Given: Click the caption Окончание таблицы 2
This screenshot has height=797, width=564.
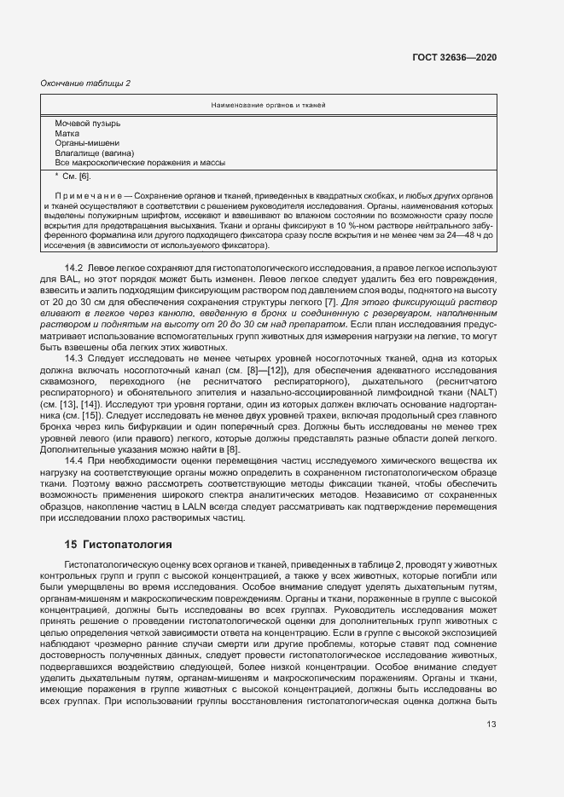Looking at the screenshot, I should [x=86, y=83].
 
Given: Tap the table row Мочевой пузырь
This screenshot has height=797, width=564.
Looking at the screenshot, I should [x=87, y=124].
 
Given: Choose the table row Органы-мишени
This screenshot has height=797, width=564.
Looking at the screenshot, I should [x=87, y=143].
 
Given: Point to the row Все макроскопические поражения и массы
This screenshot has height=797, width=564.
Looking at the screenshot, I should [x=140, y=162].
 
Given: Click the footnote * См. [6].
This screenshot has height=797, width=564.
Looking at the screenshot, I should [x=73, y=176].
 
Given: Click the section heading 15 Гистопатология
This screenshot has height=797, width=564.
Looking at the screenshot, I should [x=119, y=544].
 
